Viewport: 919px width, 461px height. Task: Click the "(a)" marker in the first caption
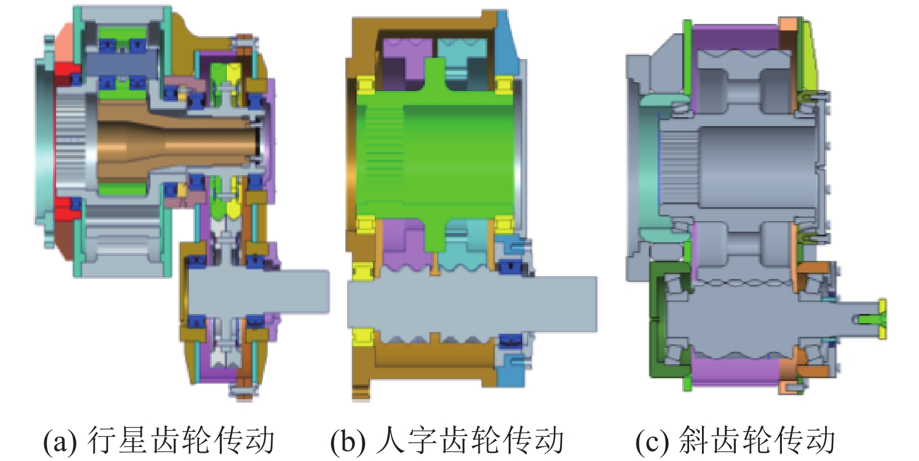coord(60,441)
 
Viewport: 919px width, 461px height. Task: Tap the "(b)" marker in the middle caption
coord(347,441)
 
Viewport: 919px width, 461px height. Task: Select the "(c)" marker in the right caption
coord(651,441)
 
